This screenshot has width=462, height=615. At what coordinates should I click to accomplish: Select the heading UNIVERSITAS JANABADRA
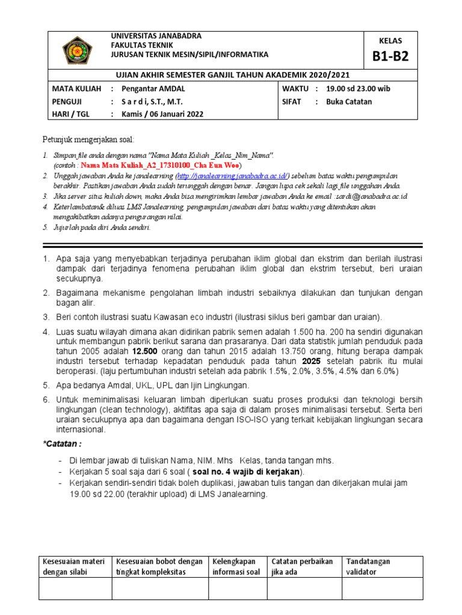(x=156, y=36)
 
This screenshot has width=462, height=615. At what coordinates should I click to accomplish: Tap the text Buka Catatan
(x=349, y=101)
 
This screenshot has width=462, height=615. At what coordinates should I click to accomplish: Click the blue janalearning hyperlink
(x=233, y=175)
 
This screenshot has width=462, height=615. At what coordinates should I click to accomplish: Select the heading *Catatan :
(x=63, y=443)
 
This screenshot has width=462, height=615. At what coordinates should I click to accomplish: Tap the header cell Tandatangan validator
(x=368, y=566)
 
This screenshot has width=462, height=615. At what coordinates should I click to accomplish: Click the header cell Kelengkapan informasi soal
(x=236, y=566)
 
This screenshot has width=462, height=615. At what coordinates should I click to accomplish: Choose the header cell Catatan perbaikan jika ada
(x=302, y=566)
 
